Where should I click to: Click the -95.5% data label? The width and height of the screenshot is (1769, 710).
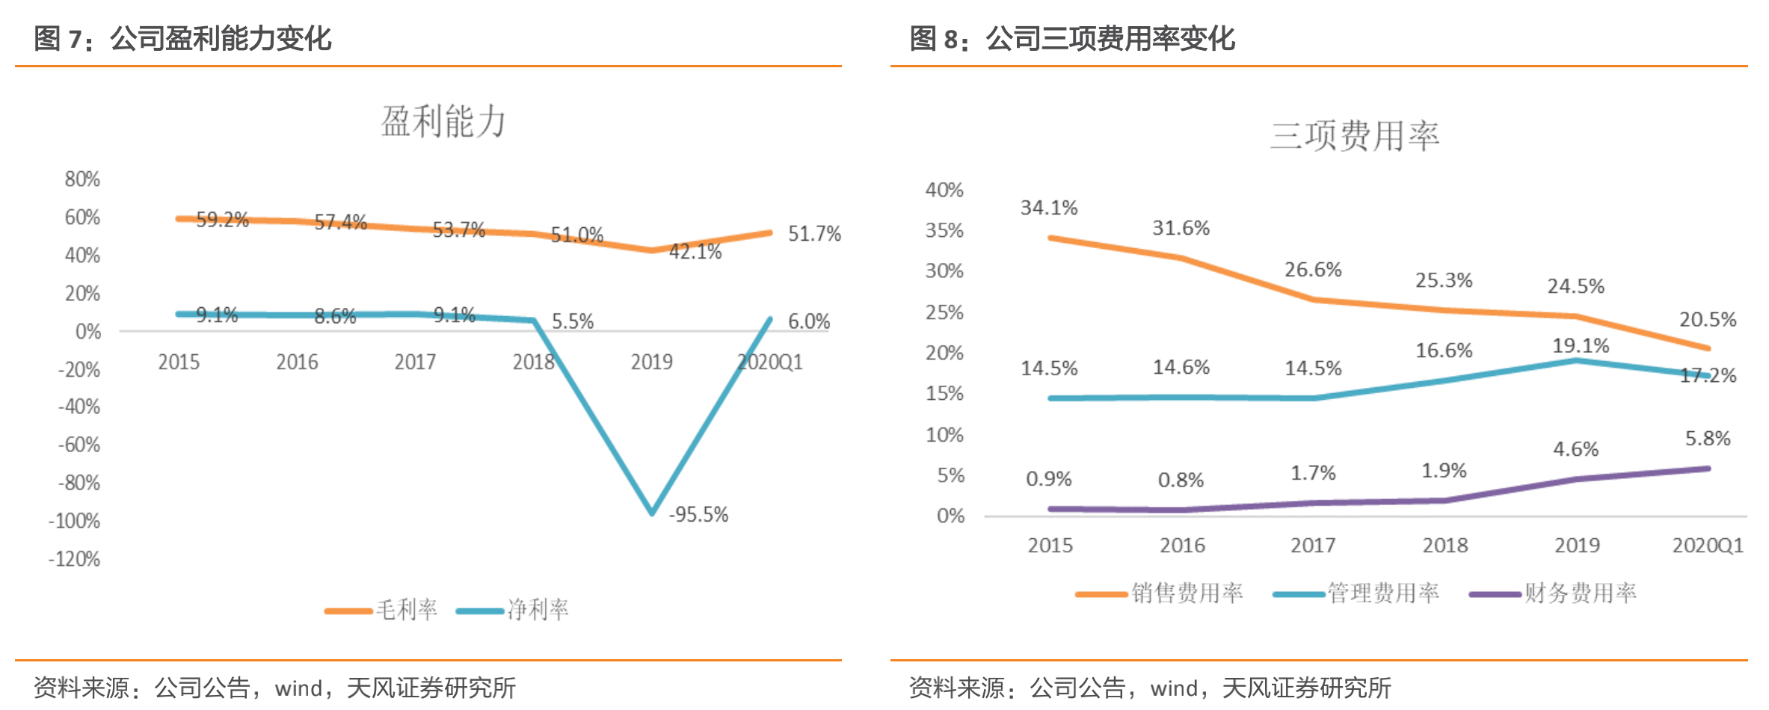pyautogui.click(x=698, y=514)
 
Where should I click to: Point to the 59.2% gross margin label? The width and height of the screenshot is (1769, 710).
pyautogui.click(x=222, y=220)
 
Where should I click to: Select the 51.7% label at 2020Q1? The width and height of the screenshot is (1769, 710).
pyautogui.click(x=814, y=234)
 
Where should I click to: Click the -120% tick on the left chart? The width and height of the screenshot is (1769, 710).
pyautogui.click(x=74, y=559)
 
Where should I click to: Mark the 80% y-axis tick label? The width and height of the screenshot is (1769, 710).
pyautogui.click(x=82, y=179)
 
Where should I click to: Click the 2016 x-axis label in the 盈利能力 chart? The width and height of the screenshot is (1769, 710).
pyautogui.click(x=297, y=362)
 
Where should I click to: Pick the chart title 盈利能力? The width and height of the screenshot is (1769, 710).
pyautogui.click(x=443, y=121)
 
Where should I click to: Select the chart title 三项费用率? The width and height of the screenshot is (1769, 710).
pyautogui.click(x=1354, y=136)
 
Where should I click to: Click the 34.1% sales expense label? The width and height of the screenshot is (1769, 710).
pyautogui.click(x=1049, y=208)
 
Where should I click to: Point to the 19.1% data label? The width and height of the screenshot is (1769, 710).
pyautogui.click(x=1581, y=345)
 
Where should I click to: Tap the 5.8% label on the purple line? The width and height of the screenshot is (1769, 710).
pyautogui.click(x=1708, y=439)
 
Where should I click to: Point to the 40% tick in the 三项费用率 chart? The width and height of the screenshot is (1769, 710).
pyautogui.click(x=944, y=190)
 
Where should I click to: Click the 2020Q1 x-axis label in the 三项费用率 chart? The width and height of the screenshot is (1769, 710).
pyautogui.click(x=1708, y=546)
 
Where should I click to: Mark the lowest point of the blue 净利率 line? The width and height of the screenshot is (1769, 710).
pyautogui.click(x=652, y=513)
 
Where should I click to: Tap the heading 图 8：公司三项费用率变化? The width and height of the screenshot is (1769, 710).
pyautogui.click(x=1072, y=39)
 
